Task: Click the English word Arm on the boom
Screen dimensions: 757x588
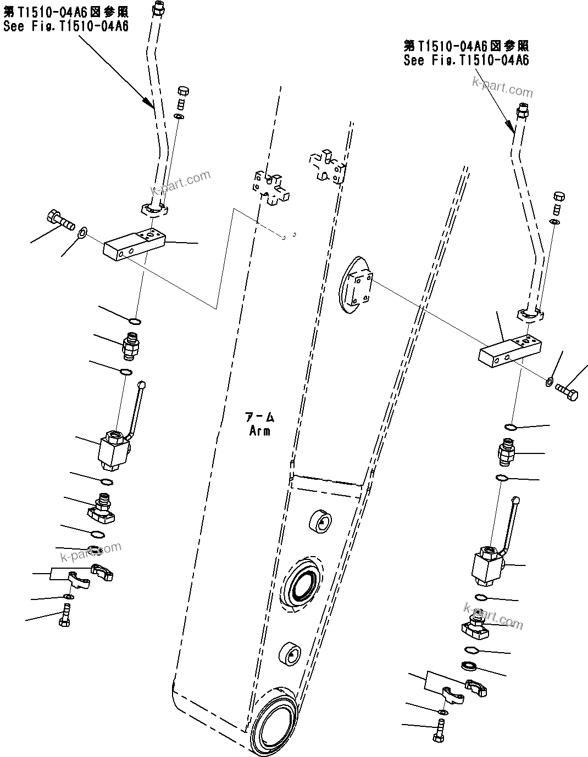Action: [260, 431]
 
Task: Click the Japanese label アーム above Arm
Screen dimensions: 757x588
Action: [259, 417]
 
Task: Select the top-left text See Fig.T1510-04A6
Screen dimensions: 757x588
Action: [66, 26]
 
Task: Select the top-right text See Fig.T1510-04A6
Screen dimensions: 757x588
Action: [466, 60]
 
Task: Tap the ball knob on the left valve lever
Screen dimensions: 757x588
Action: [141, 385]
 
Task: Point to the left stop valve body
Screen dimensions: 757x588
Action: [114, 451]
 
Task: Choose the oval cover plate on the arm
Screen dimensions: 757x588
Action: [356, 284]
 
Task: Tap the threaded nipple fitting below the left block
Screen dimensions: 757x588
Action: [132, 346]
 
